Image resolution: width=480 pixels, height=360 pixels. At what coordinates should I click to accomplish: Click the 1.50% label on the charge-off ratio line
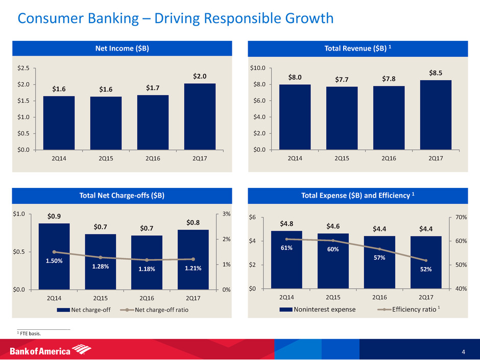54,261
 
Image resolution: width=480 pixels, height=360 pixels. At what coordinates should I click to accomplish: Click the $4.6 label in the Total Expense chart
333,225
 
